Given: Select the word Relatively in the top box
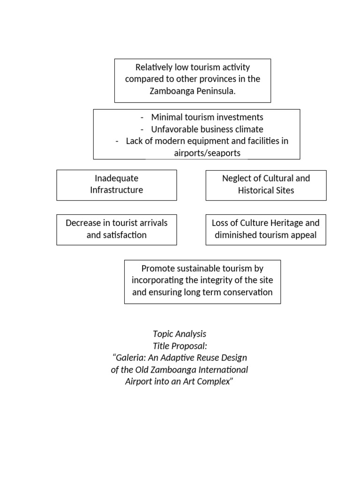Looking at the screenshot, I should click(152, 67).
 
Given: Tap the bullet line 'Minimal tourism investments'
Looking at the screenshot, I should click(207, 117).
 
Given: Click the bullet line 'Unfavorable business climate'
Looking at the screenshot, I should click(207, 129).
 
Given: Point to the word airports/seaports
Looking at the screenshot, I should click(207, 153).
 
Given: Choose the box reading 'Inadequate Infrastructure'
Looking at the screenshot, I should click(117, 185).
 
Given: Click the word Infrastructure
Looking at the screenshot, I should click(117, 190).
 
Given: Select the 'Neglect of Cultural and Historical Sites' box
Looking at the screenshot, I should click(266, 185).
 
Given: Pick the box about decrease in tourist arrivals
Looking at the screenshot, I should click(117, 229).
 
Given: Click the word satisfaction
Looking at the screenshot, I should click(117, 235).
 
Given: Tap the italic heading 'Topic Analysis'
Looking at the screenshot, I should click(180, 334).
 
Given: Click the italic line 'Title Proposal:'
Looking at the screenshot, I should click(180, 346).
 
